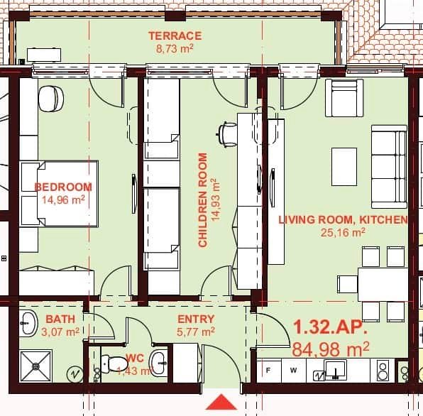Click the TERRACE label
coord(175,35)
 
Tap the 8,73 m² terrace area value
coord(175,48)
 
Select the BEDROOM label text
coord(63,187)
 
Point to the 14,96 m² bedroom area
coord(63,200)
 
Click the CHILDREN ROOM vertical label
coord(203,200)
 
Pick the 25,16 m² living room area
coord(342,231)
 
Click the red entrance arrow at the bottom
coord(222,401)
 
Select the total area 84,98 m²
coord(331,349)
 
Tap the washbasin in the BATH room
coord(28,324)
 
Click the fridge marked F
coord(269,370)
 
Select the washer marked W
coord(292,370)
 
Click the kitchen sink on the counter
coord(334,369)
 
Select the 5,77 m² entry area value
coord(196,331)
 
